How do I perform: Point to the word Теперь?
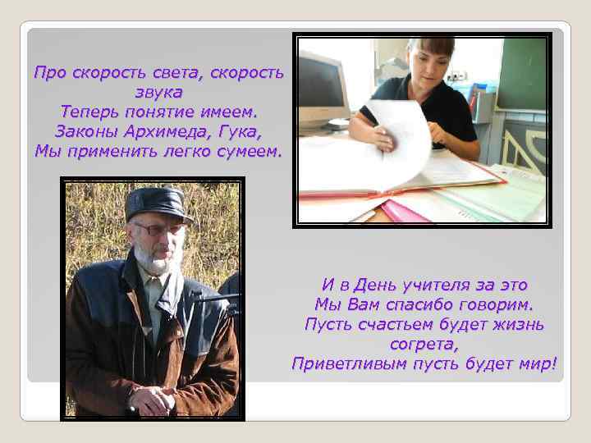pyautogui.click(x=90, y=111)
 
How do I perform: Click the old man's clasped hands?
pyautogui.click(x=153, y=400)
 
